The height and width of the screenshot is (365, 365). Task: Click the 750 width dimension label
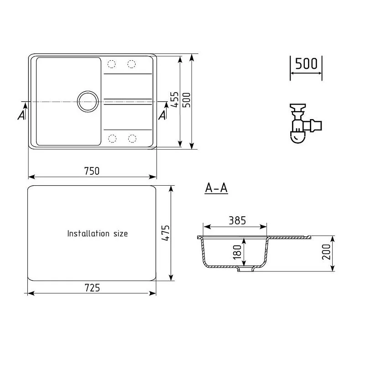92,171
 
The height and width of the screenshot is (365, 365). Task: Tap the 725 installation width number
92,288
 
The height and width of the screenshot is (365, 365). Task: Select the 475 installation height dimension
166,233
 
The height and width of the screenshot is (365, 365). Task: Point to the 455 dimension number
175,99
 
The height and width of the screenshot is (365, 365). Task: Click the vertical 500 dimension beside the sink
186,100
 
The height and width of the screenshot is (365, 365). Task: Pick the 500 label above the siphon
306,63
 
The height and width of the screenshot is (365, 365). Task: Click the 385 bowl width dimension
237,221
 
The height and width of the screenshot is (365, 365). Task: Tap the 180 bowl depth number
237,252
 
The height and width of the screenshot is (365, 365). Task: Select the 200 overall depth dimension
326,252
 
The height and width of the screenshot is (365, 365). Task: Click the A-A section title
216,188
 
